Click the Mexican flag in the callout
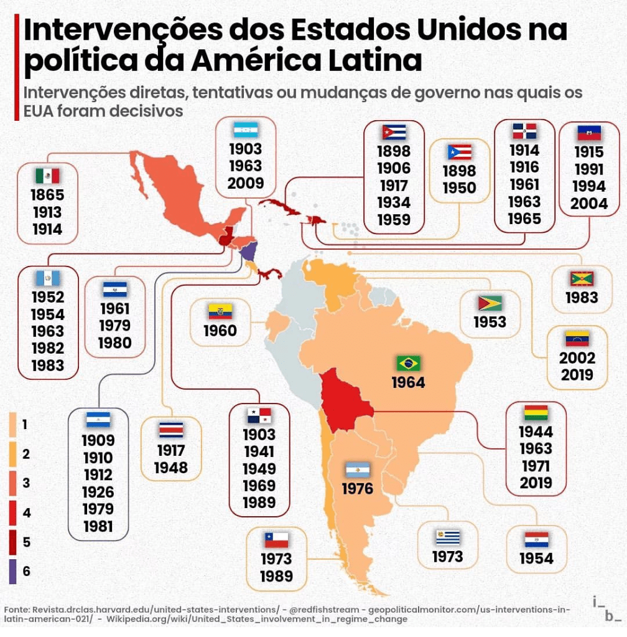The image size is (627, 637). (x=47, y=176)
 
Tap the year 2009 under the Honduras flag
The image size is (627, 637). (x=246, y=184)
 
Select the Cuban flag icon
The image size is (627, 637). (x=394, y=132)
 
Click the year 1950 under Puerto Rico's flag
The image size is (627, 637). (x=459, y=188)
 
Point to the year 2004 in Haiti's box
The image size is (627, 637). (x=588, y=203)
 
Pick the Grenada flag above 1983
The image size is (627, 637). (x=582, y=278)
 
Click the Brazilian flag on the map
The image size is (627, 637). (x=409, y=363)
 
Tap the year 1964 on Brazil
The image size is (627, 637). (x=408, y=382)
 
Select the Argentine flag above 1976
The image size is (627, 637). (x=358, y=470)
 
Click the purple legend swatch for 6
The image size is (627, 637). (x=12, y=571)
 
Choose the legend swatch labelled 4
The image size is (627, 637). (x=12, y=513)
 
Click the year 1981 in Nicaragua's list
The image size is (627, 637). (x=98, y=527)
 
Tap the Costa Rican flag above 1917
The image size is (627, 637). (x=171, y=430)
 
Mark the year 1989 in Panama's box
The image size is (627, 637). (x=259, y=503)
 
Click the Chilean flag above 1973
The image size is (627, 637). (x=277, y=539)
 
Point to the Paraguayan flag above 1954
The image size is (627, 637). (x=536, y=539)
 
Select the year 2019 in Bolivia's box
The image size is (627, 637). (x=536, y=483)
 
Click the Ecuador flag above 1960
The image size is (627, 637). (x=220, y=312)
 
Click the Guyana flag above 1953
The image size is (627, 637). (x=490, y=303)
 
